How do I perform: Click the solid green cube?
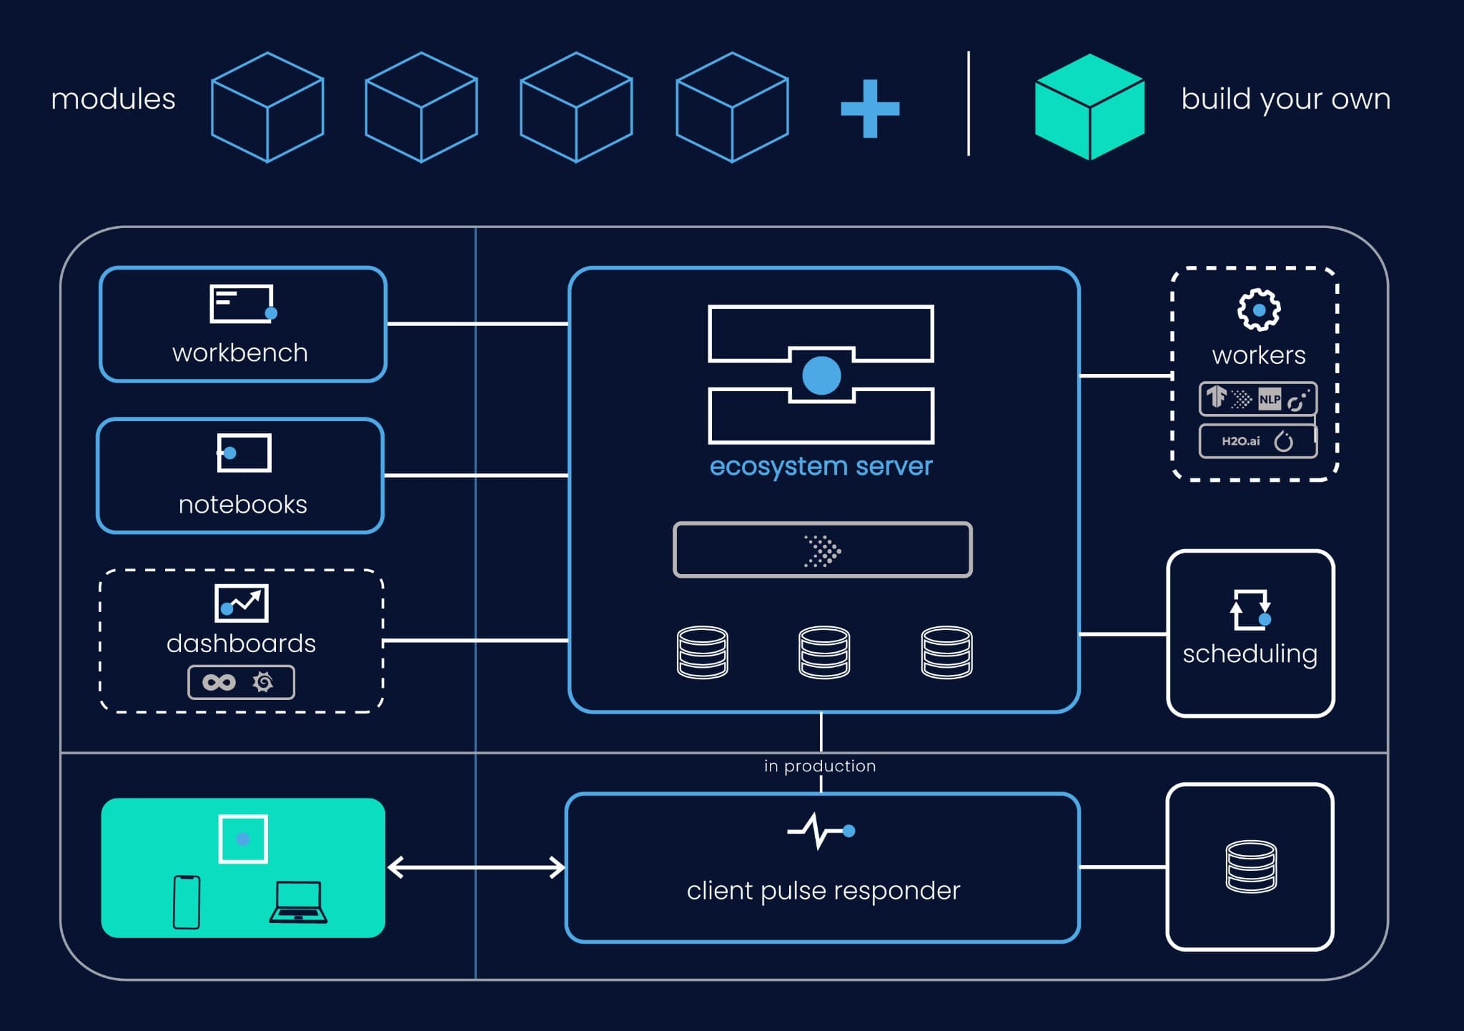pos(1089,107)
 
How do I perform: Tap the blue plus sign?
pos(870,109)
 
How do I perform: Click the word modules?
pos(113,99)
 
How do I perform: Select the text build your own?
pos(1285,99)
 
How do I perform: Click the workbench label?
pos(240,353)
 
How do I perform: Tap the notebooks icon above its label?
pos(244,453)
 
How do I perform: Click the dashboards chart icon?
pos(242,603)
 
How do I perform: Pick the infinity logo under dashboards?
pos(219,682)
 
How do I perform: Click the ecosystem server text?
pos(821,466)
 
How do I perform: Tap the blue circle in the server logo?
pos(821,375)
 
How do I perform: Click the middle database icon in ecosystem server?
pos(824,652)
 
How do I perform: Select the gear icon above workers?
pos(1259,310)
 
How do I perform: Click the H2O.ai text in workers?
pos(1240,441)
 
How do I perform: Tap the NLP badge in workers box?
pos(1270,399)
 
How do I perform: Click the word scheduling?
pos(1250,653)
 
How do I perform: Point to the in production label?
pos(820,766)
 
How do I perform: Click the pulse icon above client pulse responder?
pos(820,831)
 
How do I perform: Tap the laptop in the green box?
pos(298,903)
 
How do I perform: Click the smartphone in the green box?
pos(187,902)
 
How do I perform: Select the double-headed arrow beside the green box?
pos(476,867)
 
